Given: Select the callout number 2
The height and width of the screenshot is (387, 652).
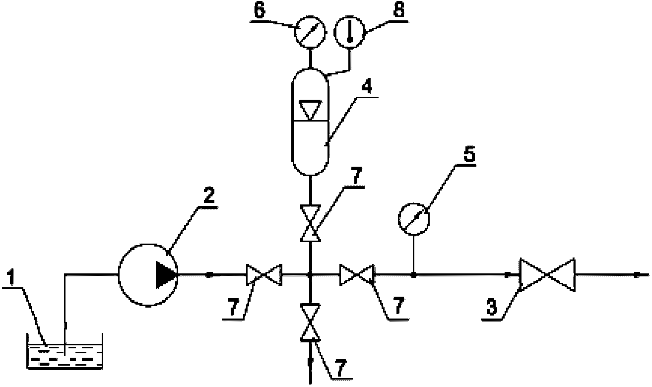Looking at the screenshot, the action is (x=209, y=196).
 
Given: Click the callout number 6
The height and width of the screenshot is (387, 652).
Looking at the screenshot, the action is (x=260, y=11).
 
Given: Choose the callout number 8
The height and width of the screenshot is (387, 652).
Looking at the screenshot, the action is (x=399, y=11).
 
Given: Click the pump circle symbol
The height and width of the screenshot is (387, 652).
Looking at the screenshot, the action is (x=148, y=275).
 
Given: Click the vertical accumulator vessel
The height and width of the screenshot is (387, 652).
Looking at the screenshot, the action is (x=310, y=122).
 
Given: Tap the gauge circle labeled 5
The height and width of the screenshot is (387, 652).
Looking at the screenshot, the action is (x=414, y=219).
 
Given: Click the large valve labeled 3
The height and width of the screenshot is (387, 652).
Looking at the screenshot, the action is (x=547, y=275).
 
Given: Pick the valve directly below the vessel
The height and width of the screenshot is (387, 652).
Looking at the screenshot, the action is (x=310, y=223).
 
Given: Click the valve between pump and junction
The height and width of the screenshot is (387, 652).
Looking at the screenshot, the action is (x=264, y=275).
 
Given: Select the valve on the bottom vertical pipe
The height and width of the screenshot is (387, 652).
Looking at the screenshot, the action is (x=310, y=322).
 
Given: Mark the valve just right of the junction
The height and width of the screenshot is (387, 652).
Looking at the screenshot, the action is (x=357, y=275).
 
